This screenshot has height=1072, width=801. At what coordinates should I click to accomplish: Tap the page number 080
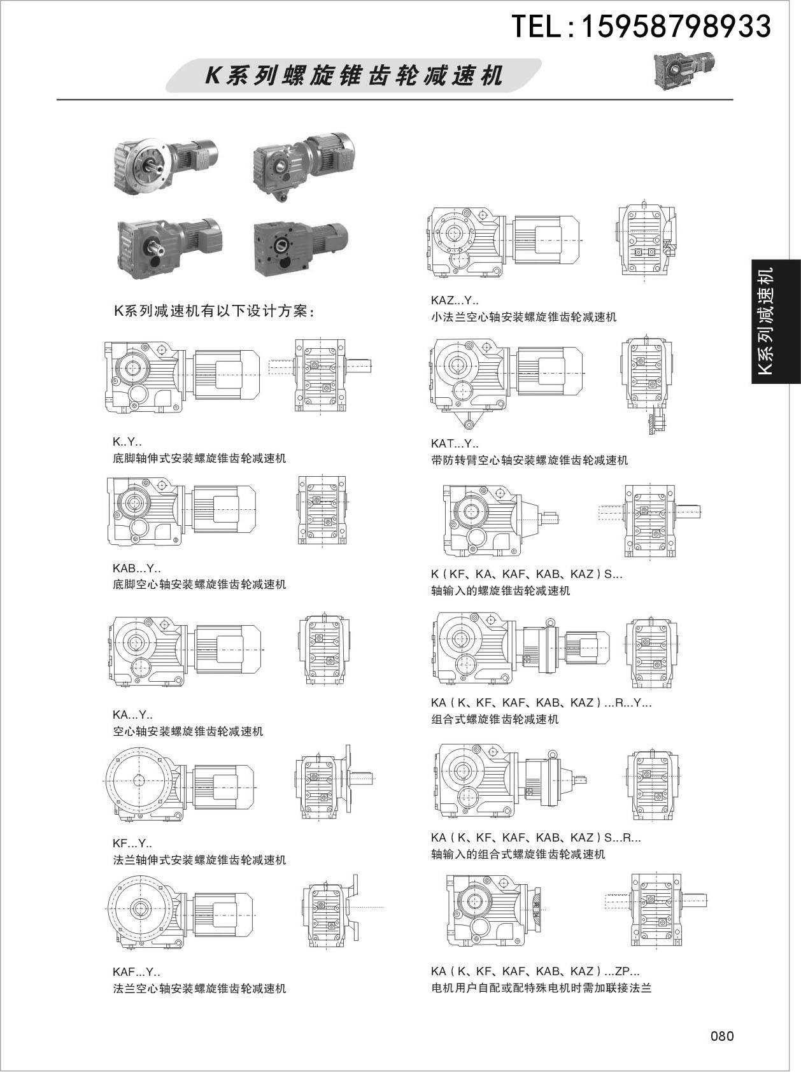point(722,1036)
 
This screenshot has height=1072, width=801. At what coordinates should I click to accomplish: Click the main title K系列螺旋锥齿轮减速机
point(354,76)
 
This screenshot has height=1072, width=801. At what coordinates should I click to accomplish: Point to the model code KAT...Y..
point(455,444)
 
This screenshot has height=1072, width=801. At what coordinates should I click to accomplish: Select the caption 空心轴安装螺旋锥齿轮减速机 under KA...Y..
point(188,731)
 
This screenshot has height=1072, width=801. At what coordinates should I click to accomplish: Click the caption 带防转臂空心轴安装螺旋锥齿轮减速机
point(529,460)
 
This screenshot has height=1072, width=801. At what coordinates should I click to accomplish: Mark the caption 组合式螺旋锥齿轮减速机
point(495,719)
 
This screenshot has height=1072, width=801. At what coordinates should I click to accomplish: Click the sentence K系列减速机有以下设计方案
point(214,311)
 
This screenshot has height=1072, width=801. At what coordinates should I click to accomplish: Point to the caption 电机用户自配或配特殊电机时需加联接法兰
point(541,989)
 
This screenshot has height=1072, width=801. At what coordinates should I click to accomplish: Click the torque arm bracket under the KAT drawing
point(470,421)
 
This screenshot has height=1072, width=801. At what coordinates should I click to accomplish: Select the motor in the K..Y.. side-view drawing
point(226,368)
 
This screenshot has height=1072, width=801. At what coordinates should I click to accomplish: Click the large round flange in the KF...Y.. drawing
point(138,780)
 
